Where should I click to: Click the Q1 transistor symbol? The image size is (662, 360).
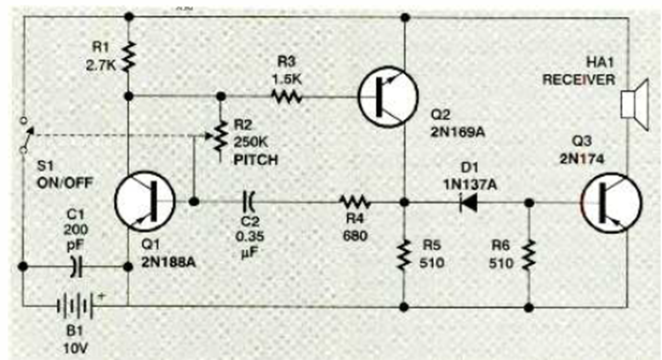144,202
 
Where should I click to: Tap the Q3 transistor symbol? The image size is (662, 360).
610,203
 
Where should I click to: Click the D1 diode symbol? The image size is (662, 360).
465,203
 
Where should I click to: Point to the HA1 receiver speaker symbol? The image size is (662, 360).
631,106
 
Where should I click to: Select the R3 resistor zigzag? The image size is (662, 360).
287,96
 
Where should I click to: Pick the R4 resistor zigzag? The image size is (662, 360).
351,203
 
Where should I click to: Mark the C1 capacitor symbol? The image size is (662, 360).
75,266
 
